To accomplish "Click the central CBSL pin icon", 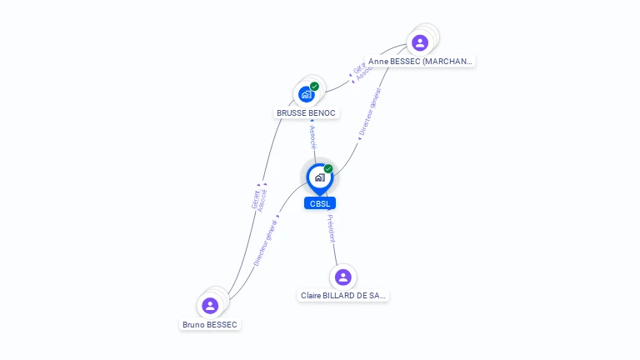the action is pyautogui.click(x=319, y=177).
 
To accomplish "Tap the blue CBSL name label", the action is pyautogui.click(x=320, y=203).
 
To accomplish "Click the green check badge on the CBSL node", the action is pyautogui.click(x=328, y=169).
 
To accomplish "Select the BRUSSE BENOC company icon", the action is pyautogui.click(x=306, y=94).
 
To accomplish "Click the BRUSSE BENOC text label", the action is pyautogui.click(x=307, y=112).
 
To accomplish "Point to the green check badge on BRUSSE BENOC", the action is pyautogui.click(x=314, y=86).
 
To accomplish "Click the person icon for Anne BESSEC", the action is pyautogui.click(x=420, y=42).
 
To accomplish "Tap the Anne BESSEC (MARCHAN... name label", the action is pyautogui.click(x=421, y=61).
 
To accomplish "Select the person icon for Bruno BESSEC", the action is pyautogui.click(x=210, y=306).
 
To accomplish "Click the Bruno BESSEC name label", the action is pyautogui.click(x=210, y=324).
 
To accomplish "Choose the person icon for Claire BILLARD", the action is pyautogui.click(x=342, y=277).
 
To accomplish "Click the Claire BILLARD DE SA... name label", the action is pyautogui.click(x=343, y=295).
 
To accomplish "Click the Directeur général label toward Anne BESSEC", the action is pyautogui.click(x=369, y=112).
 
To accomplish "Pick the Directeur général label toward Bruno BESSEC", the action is pyautogui.click(x=266, y=242).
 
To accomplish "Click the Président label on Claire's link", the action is pyautogui.click(x=331, y=228).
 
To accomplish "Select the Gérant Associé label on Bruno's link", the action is pyautogui.click(x=259, y=198).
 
